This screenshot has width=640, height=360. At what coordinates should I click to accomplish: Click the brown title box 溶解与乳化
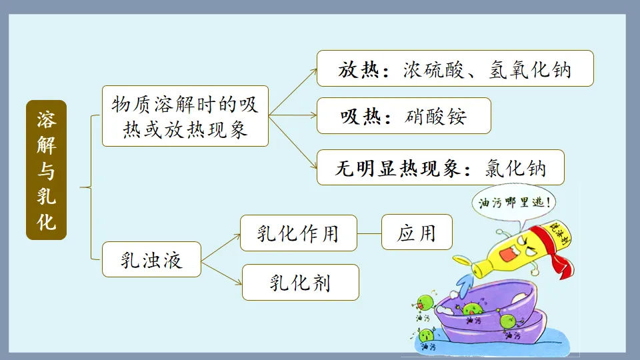pyautogui.click(x=46, y=169)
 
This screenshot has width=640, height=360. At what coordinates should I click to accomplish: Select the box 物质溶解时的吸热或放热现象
pyautogui.click(x=185, y=116)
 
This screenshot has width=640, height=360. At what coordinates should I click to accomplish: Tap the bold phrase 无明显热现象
pyautogui.click(x=397, y=168)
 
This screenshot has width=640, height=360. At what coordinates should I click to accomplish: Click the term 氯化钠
pyautogui.click(x=515, y=168)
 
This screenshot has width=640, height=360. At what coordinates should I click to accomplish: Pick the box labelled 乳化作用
pyautogui.click(x=298, y=233)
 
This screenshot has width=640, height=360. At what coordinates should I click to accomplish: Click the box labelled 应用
pyautogui.click(x=417, y=233)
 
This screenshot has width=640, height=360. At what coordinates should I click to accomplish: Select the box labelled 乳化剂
pyautogui.click(x=300, y=283)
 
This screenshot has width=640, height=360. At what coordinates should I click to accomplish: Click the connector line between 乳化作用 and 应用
pyautogui.click(x=369, y=233)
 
